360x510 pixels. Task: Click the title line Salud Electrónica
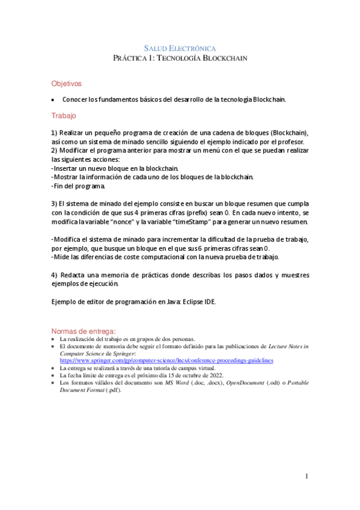pos(180,48)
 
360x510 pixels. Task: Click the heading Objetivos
pos(66,84)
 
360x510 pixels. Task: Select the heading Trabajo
pos(64,115)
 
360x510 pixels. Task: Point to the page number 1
pos(307,476)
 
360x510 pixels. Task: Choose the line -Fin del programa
pos(78,186)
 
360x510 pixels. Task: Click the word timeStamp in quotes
pos(210,222)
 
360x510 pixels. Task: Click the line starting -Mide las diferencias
pos(165,257)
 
